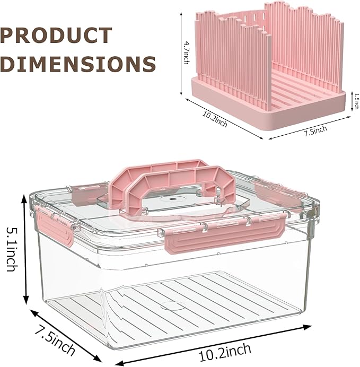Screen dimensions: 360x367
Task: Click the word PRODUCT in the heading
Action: click(56, 36)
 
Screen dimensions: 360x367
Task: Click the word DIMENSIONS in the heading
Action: click(78, 64)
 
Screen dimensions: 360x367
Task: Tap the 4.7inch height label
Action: click(187, 53)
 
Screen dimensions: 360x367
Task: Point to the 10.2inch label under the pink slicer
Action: click(215, 119)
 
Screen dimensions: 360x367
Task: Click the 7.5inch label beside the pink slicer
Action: click(315, 131)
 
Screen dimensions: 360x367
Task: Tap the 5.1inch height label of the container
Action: click(12, 249)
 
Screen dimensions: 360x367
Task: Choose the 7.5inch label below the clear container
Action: click(55, 342)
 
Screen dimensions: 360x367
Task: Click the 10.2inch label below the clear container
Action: click(225, 352)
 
